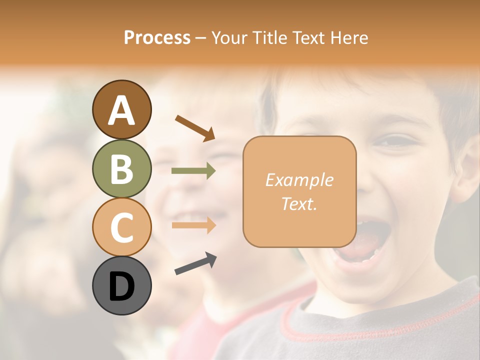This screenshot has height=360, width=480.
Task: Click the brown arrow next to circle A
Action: pyautogui.click(x=195, y=127)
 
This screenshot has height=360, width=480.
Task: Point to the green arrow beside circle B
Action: pyautogui.click(x=193, y=171)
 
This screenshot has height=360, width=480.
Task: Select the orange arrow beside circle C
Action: pyautogui.click(x=193, y=225)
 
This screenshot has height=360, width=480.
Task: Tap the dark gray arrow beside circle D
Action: pyautogui.click(x=195, y=263)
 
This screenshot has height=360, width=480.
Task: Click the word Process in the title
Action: pyautogui.click(x=157, y=38)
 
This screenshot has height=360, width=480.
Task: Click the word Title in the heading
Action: pyautogui.click(x=268, y=38)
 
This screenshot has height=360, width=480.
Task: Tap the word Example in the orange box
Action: pyautogui.click(x=299, y=180)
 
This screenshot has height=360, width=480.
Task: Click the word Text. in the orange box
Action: pyautogui.click(x=299, y=203)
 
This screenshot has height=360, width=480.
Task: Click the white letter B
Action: pyautogui.click(x=121, y=168)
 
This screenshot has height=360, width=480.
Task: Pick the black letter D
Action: pyautogui.click(x=121, y=286)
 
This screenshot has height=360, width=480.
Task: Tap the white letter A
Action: pyautogui.click(x=121, y=110)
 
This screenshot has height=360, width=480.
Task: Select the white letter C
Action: pyautogui.click(x=121, y=227)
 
